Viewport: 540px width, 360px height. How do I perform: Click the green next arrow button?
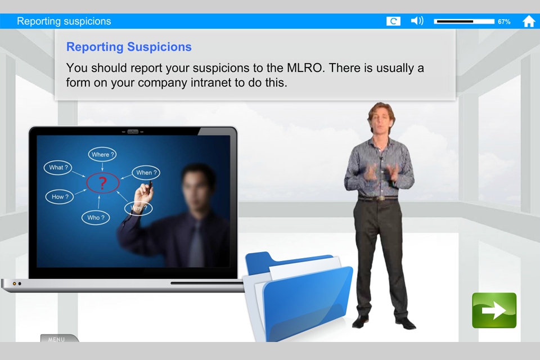click(494, 310)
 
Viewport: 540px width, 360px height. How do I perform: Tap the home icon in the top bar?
click(529, 21)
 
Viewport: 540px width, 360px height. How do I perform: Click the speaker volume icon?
click(417, 21)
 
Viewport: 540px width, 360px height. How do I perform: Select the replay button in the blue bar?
click(393, 21)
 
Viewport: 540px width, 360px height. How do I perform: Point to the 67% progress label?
click(504, 22)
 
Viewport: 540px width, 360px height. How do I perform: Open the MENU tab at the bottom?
click(57, 339)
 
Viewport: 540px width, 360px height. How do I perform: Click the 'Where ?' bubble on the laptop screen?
click(102, 154)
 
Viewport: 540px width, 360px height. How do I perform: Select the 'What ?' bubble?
click(58, 168)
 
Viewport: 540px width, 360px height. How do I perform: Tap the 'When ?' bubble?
click(146, 173)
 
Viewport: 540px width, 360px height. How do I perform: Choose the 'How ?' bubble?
click(60, 197)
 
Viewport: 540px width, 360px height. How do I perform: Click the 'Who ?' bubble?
click(96, 218)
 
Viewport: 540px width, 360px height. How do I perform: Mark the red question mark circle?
click(102, 183)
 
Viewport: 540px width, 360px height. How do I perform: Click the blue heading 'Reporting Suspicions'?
click(129, 47)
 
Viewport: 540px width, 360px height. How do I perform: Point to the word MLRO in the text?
click(305, 68)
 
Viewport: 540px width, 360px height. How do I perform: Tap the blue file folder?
click(299, 297)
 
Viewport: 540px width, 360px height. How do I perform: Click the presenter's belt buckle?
click(381, 198)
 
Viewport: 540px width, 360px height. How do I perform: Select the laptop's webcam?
click(133, 132)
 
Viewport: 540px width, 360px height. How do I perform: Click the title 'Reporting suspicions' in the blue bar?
click(64, 21)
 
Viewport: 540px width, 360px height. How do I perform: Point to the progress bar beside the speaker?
click(464, 21)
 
